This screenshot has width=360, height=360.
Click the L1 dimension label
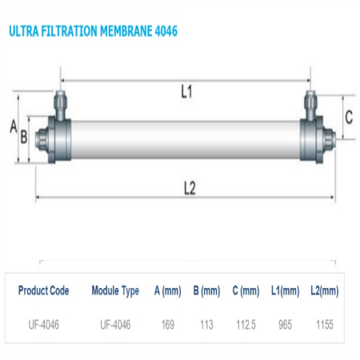click(x=186, y=91)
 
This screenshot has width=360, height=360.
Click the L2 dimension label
click(x=190, y=188)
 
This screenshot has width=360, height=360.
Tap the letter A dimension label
click(x=14, y=126)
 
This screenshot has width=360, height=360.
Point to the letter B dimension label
click(x=24, y=137)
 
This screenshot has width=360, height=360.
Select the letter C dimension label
click(x=349, y=117)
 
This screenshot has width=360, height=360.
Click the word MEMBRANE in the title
click(x=126, y=31)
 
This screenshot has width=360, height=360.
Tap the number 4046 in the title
click(x=166, y=31)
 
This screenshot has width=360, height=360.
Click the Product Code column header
click(x=44, y=290)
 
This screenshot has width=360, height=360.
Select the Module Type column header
click(x=115, y=291)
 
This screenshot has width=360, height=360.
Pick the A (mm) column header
click(x=168, y=291)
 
